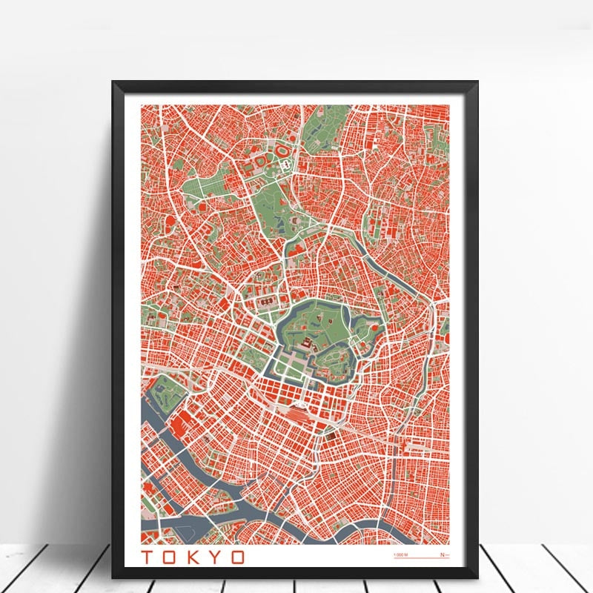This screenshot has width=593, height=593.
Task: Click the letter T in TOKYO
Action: click(148, 557)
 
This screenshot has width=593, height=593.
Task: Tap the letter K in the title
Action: click(193, 557)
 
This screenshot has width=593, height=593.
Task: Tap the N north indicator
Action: click(443, 554)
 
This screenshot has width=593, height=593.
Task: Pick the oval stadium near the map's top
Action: click(282, 150)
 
